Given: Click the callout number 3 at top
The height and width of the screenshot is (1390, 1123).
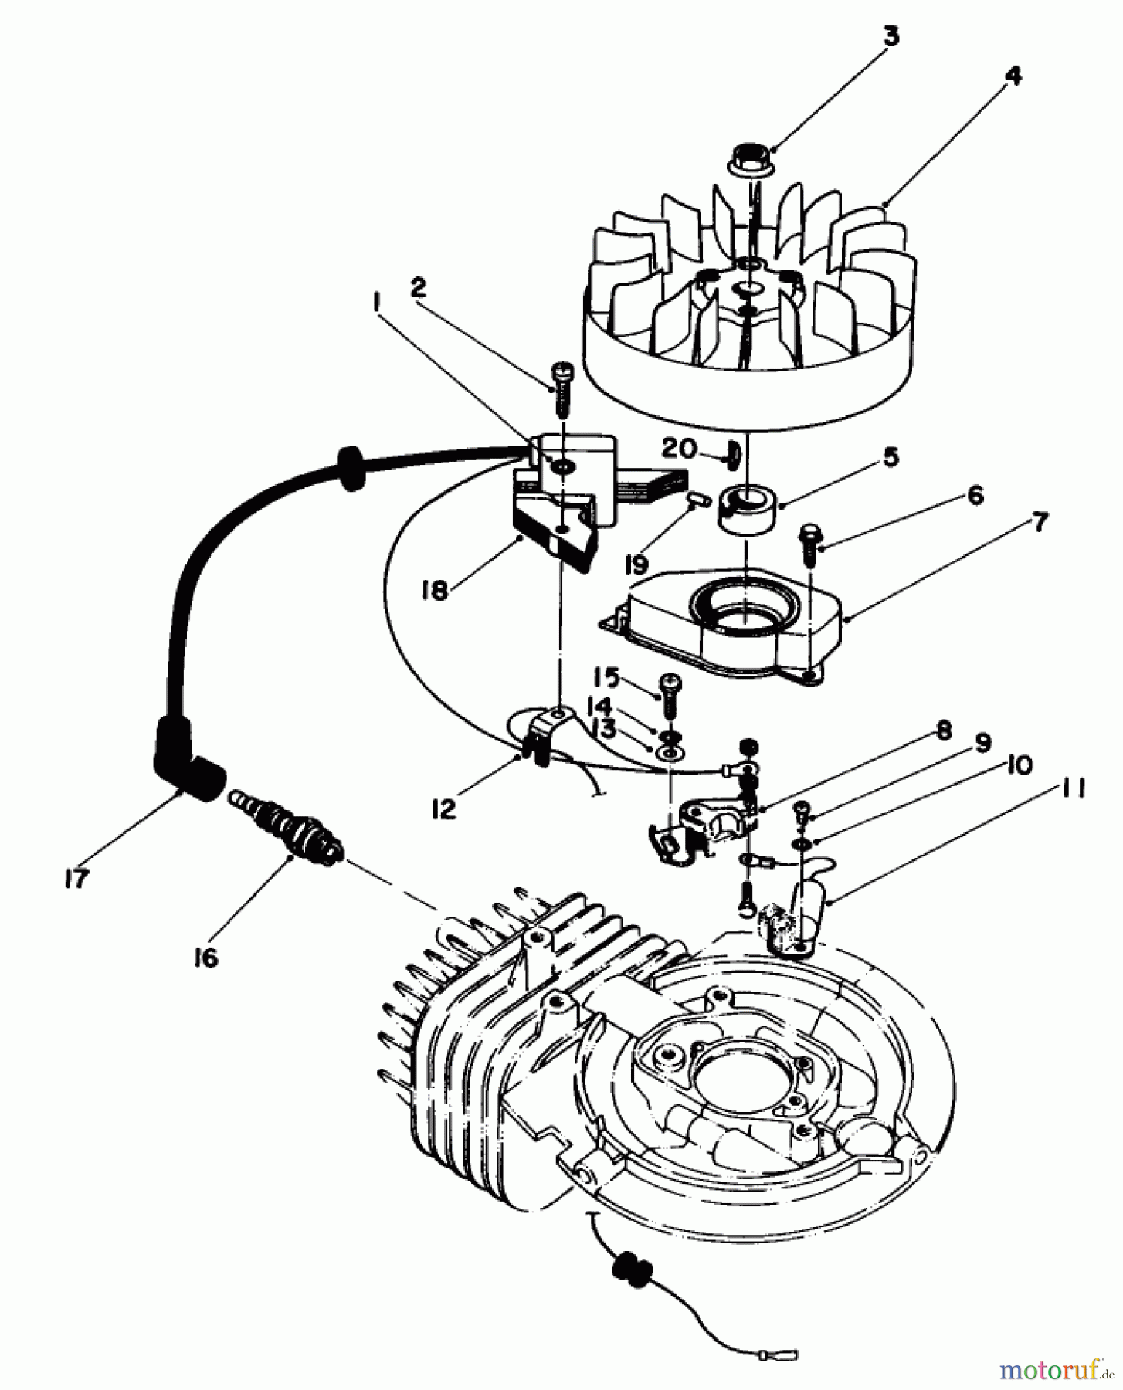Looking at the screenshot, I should click(891, 36).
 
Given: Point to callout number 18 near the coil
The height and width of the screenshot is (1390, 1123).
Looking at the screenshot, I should click(435, 592).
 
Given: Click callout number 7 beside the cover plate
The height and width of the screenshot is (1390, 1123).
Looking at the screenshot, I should click(1040, 523).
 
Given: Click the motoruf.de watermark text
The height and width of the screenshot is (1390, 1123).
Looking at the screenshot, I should click(1054, 1369).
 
